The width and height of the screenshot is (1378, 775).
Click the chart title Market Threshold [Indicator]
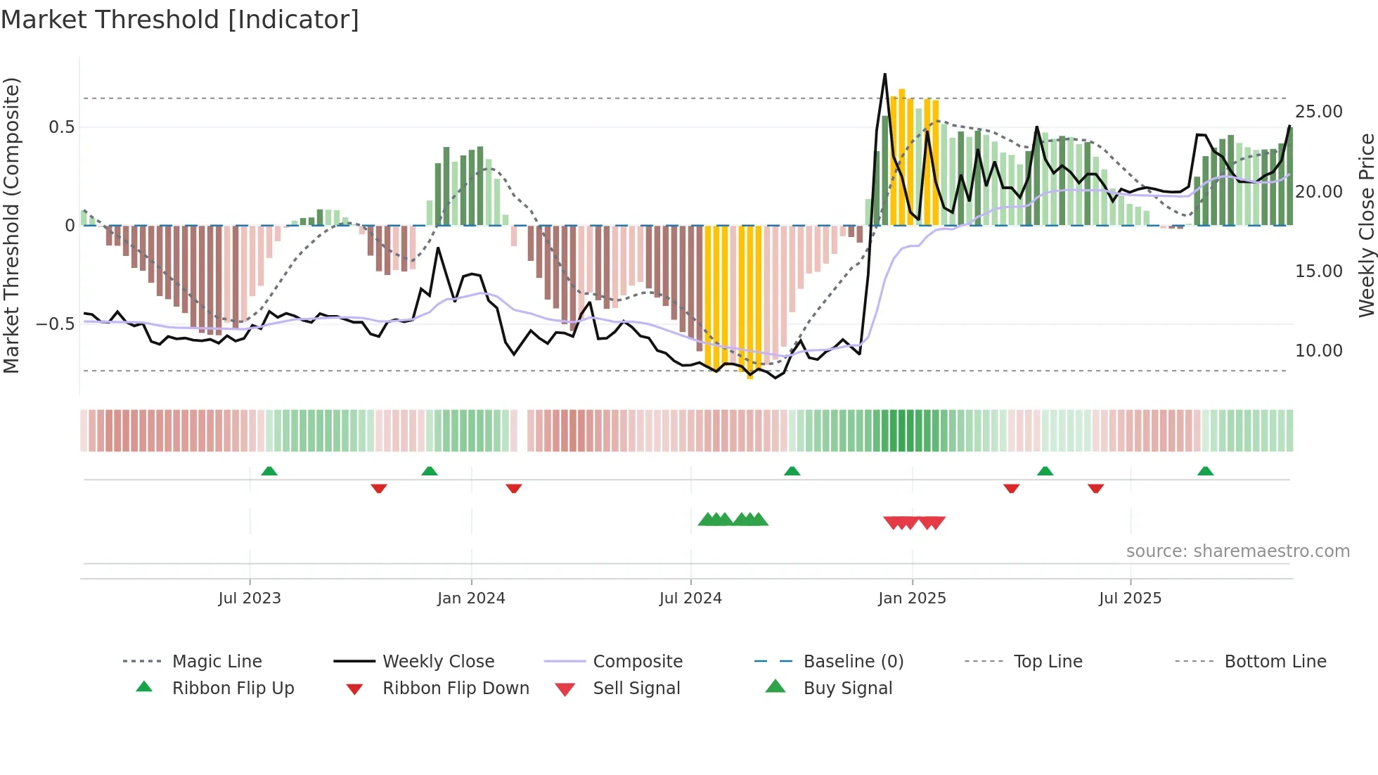180,20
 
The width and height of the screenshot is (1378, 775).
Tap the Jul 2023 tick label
250,598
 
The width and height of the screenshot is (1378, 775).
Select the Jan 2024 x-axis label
471,598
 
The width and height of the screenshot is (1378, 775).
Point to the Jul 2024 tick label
690,598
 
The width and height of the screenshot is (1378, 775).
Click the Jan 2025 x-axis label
912,598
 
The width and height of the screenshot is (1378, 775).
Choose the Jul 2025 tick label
1130,598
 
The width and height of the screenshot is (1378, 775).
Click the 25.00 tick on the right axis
1318,112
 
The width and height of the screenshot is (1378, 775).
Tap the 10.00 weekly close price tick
1318,351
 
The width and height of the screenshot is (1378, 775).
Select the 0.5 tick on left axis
61,127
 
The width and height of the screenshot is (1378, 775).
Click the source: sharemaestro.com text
1237,551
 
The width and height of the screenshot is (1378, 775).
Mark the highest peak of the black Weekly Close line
884,74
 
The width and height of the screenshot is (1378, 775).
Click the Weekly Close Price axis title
1366,225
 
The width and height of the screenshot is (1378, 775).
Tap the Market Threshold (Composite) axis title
11,225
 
